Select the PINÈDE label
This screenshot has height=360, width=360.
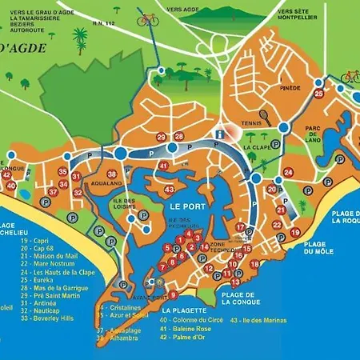(x=290, y=88)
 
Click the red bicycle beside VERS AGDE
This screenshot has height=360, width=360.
(x=148, y=18)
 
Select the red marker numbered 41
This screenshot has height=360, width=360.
(x=163, y=166)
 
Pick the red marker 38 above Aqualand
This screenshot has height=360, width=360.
(x=113, y=174)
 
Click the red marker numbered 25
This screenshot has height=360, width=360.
(x=319, y=94)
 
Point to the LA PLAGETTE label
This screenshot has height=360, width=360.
(x=182, y=310)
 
